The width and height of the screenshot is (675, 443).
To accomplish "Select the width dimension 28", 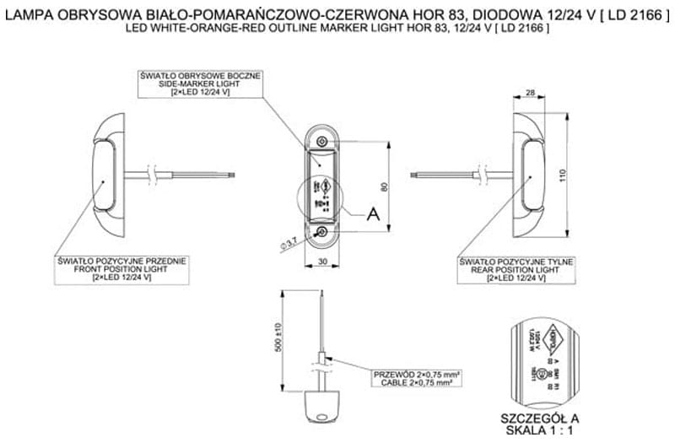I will [x=531, y=92].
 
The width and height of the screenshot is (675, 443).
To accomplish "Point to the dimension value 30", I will [x=322, y=262].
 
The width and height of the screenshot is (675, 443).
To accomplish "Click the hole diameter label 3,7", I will [x=288, y=244].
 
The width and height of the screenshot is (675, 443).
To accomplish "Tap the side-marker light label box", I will [x=201, y=83].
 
